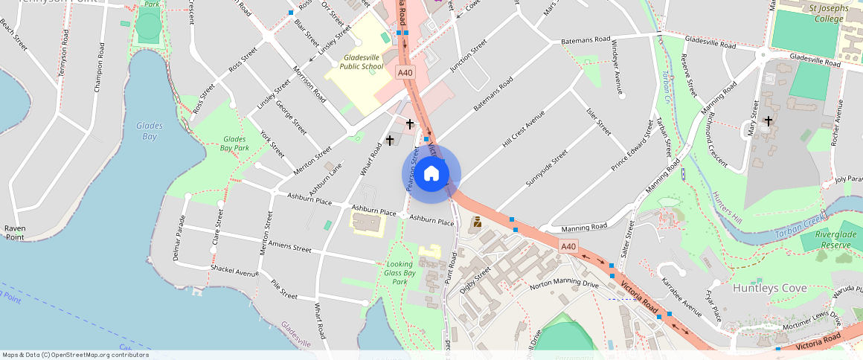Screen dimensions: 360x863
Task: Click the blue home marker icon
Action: click(x=431, y=174)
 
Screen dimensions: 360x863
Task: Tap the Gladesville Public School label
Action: click(x=362, y=62)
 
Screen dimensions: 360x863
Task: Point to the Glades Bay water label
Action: click(x=150, y=131)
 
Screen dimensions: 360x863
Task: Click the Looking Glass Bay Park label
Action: click(x=400, y=273)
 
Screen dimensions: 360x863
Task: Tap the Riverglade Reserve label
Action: click(x=832, y=240)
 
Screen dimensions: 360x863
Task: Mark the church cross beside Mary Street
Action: click(x=768, y=120)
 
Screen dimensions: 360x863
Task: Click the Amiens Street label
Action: click(x=289, y=247)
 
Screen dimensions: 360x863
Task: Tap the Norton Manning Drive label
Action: click(x=564, y=285)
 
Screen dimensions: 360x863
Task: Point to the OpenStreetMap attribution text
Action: click(x=75, y=355)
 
